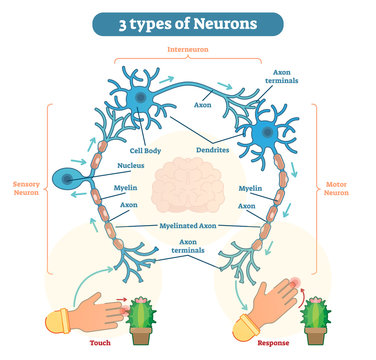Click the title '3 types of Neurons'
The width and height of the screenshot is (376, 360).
click(187, 22)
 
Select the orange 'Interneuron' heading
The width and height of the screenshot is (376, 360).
click(187, 47)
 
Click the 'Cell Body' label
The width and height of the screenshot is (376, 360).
click(145, 151)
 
